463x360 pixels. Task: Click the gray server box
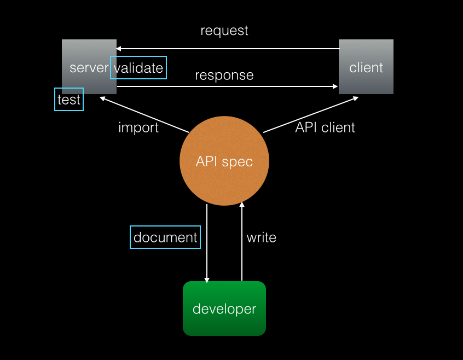click(x=89, y=67)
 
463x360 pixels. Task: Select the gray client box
click(x=366, y=67)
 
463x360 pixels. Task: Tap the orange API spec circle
click(x=224, y=161)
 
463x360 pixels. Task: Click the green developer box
click(x=224, y=309)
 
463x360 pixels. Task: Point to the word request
click(x=224, y=31)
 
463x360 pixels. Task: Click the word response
click(x=224, y=76)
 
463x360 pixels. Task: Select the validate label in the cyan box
click(x=138, y=68)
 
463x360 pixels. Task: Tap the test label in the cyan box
click(x=69, y=100)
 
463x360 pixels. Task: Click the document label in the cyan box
click(x=165, y=237)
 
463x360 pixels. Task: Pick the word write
click(x=262, y=237)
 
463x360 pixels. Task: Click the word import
click(x=138, y=128)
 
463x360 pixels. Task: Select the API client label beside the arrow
click(x=325, y=127)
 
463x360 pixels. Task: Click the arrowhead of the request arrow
click(x=118, y=49)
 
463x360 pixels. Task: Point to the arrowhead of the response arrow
click(x=335, y=86)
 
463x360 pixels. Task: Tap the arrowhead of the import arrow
click(x=102, y=98)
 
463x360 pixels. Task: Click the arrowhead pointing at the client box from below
click(x=356, y=98)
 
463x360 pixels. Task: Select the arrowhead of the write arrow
click(x=242, y=204)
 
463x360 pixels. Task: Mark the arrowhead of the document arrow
click(x=207, y=280)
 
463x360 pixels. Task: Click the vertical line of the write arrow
click(x=242, y=241)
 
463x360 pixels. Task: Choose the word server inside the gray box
click(x=89, y=68)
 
